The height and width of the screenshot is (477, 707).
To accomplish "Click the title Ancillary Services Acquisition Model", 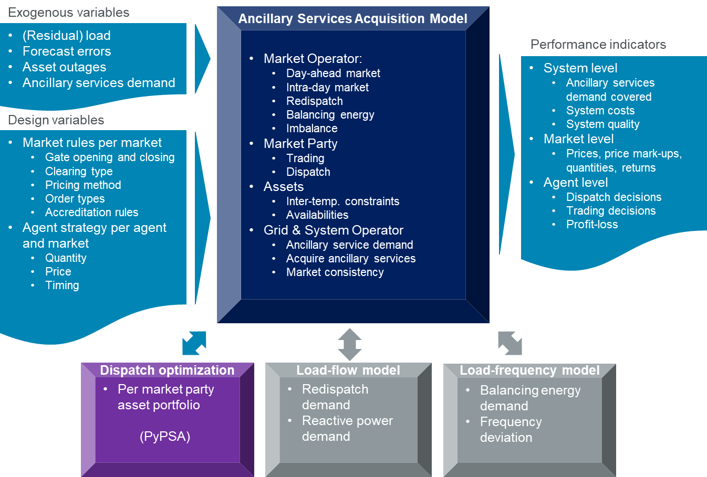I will (352, 19).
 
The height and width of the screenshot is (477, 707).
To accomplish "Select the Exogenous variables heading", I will (69, 13).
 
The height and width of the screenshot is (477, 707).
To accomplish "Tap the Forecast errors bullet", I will (67, 51).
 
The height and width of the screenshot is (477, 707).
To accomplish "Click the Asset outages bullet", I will (64, 67).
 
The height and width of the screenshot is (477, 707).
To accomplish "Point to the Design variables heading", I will (56, 120).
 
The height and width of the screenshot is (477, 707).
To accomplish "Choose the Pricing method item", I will (83, 185).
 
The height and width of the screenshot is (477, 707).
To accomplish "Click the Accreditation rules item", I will (91, 213).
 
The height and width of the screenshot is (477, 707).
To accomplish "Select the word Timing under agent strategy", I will (62, 285).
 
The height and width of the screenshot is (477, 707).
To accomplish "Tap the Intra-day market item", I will (327, 88).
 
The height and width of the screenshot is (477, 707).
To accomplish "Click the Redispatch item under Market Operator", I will (314, 101).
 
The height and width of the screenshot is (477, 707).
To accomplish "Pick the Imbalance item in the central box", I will (311, 129).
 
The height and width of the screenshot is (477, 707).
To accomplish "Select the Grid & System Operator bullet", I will (333, 230).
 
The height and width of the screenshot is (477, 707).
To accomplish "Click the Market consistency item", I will (335, 272).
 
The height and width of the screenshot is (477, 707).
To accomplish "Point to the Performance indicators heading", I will (598, 45).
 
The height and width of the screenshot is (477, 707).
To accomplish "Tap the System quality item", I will (602, 124).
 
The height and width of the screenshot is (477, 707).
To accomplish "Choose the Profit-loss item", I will (592, 225).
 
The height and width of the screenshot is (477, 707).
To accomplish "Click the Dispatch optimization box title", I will (167, 370).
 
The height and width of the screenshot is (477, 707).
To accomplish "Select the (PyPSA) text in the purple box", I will (165, 437).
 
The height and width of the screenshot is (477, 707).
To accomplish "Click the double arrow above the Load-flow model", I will (350, 344).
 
